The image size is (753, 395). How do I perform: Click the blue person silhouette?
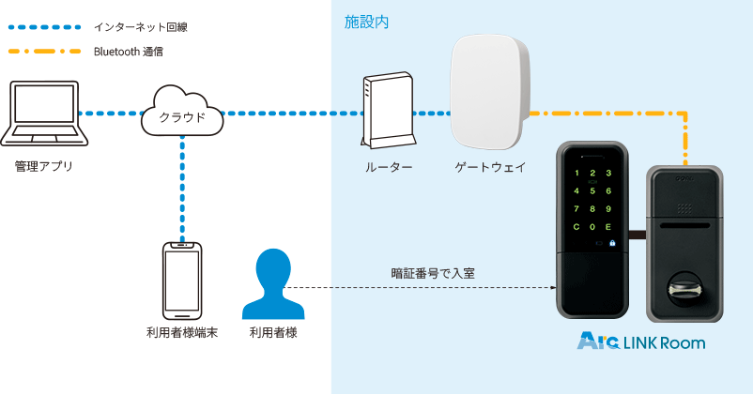pyautogui.click(x=273, y=285)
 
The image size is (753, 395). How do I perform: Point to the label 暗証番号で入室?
pyautogui.click(x=432, y=274)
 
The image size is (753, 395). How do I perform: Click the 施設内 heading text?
pyautogui.click(x=366, y=21)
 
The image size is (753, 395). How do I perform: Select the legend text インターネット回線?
pyautogui.click(x=141, y=27)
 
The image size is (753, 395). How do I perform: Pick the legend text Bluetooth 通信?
pyautogui.click(x=129, y=52)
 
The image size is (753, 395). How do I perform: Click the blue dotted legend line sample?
pyautogui.click(x=43, y=27)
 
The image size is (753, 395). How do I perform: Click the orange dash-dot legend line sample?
pyautogui.click(x=43, y=52)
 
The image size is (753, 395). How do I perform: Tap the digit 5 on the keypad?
pyautogui.click(x=591, y=191)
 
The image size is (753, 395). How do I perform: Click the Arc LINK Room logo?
pyautogui.click(x=641, y=342)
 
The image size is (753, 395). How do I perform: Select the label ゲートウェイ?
pyautogui.click(x=489, y=167)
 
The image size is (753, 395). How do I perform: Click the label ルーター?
pyautogui.click(x=389, y=167)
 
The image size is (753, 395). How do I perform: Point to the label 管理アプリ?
pyautogui.click(x=43, y=166)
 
